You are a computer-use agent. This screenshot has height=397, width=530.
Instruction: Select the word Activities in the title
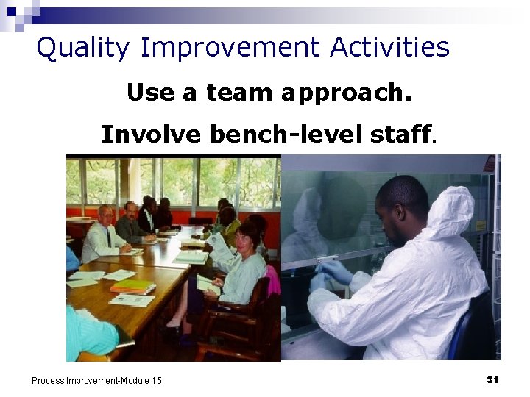[x=389, y=49]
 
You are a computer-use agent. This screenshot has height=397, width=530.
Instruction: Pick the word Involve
[x=152, y=135]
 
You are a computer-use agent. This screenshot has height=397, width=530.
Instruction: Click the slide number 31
[x=492, y=379]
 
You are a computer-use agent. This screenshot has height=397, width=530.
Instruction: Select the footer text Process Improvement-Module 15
[x=96, y=380]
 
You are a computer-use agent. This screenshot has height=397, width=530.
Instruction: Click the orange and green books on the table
[x=132, y=286]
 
